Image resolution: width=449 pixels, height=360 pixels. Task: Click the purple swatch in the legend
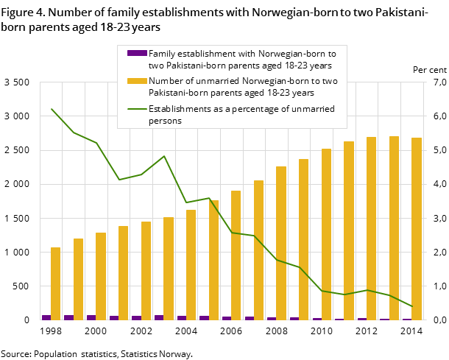(137, 53)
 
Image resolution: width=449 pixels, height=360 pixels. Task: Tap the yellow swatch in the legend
(137, 81)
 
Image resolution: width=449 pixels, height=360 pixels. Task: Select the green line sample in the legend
(137, 109)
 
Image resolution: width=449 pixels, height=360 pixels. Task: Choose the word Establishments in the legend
(181, 109)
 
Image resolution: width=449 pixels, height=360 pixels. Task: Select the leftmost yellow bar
(55, 283)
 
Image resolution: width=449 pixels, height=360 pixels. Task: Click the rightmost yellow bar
(417, 228)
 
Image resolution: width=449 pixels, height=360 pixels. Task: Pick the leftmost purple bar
(46, 317)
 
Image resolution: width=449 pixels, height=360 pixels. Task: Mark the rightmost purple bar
(407, 319)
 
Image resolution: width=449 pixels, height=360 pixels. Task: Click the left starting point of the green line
(52, 109)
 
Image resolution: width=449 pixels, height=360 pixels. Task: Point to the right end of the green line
(412, 306)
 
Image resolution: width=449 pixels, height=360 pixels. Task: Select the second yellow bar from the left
(78, 279)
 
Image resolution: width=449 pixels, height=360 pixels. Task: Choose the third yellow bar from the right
(371, 228)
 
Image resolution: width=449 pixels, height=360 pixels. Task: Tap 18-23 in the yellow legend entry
(269, 93)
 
